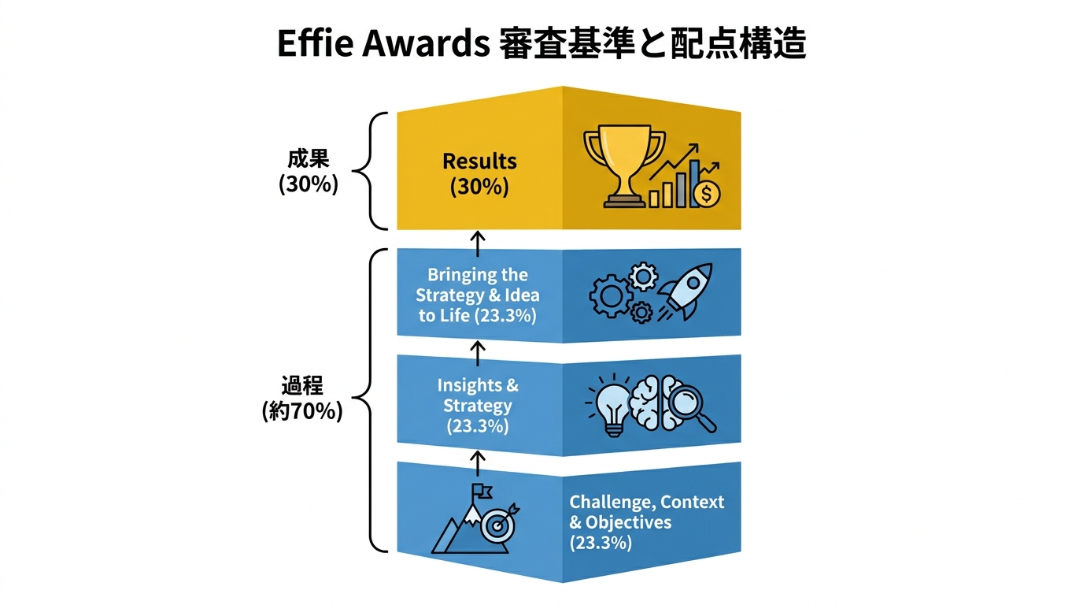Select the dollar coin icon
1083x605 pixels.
706,194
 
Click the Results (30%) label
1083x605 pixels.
479,174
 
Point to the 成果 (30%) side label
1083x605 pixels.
309,171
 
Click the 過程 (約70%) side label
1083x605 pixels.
302,399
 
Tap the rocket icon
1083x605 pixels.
685,291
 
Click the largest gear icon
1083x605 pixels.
611,296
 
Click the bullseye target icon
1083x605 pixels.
498,524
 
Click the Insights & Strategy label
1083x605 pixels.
478,395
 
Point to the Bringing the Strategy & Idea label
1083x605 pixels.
478,284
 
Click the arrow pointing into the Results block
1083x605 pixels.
478,243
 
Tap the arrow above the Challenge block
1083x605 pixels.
478,463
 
